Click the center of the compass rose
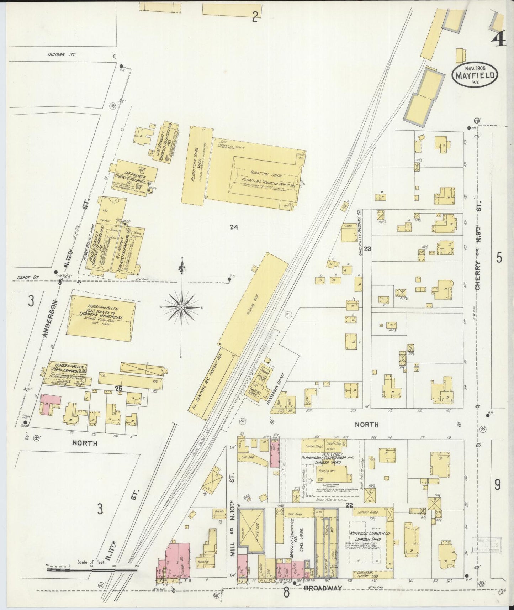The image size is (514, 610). (182, 307)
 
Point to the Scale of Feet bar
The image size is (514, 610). (92, 570)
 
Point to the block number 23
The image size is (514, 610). (367, 249)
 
